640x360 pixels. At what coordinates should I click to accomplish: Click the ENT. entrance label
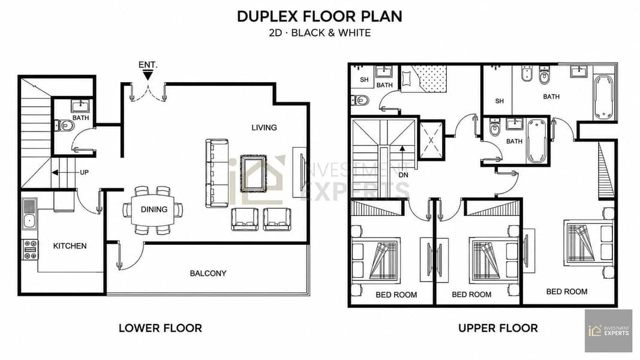[x=148, y=65]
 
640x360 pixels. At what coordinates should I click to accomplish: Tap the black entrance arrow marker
[x=148, y=75]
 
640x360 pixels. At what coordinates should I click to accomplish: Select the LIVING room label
[x=264, y=127]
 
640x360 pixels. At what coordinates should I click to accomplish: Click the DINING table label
[x=154, y=209]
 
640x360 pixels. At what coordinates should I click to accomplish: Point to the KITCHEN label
[x=70, y=246]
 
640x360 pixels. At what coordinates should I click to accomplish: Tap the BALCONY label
[x=208, y=273]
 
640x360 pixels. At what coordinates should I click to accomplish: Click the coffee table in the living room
[x=254, y=173]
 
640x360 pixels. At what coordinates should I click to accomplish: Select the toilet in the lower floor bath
[x=65, y=125]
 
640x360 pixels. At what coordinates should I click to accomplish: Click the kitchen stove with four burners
[x=30, y=250]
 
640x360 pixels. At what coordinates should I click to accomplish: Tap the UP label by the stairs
[x=84, y=172]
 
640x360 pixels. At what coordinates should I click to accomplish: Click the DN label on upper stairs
[x=403, y=175]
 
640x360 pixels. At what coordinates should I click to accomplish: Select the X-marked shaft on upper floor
[x=431, y=140]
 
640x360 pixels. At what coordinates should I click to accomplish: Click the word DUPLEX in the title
[x=268, y=16]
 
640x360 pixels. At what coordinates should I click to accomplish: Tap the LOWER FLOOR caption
[x=160, y=328]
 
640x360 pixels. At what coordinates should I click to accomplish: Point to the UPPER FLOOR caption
[x=498, y=328]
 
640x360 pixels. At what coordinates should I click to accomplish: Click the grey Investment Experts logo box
[x=609, y=331]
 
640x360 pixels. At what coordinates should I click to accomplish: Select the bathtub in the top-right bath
[x=603, y=98]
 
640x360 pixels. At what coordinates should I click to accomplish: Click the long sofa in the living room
[x=217, y=173]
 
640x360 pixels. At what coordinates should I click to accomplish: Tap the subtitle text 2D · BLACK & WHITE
[x=320, y=32]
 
